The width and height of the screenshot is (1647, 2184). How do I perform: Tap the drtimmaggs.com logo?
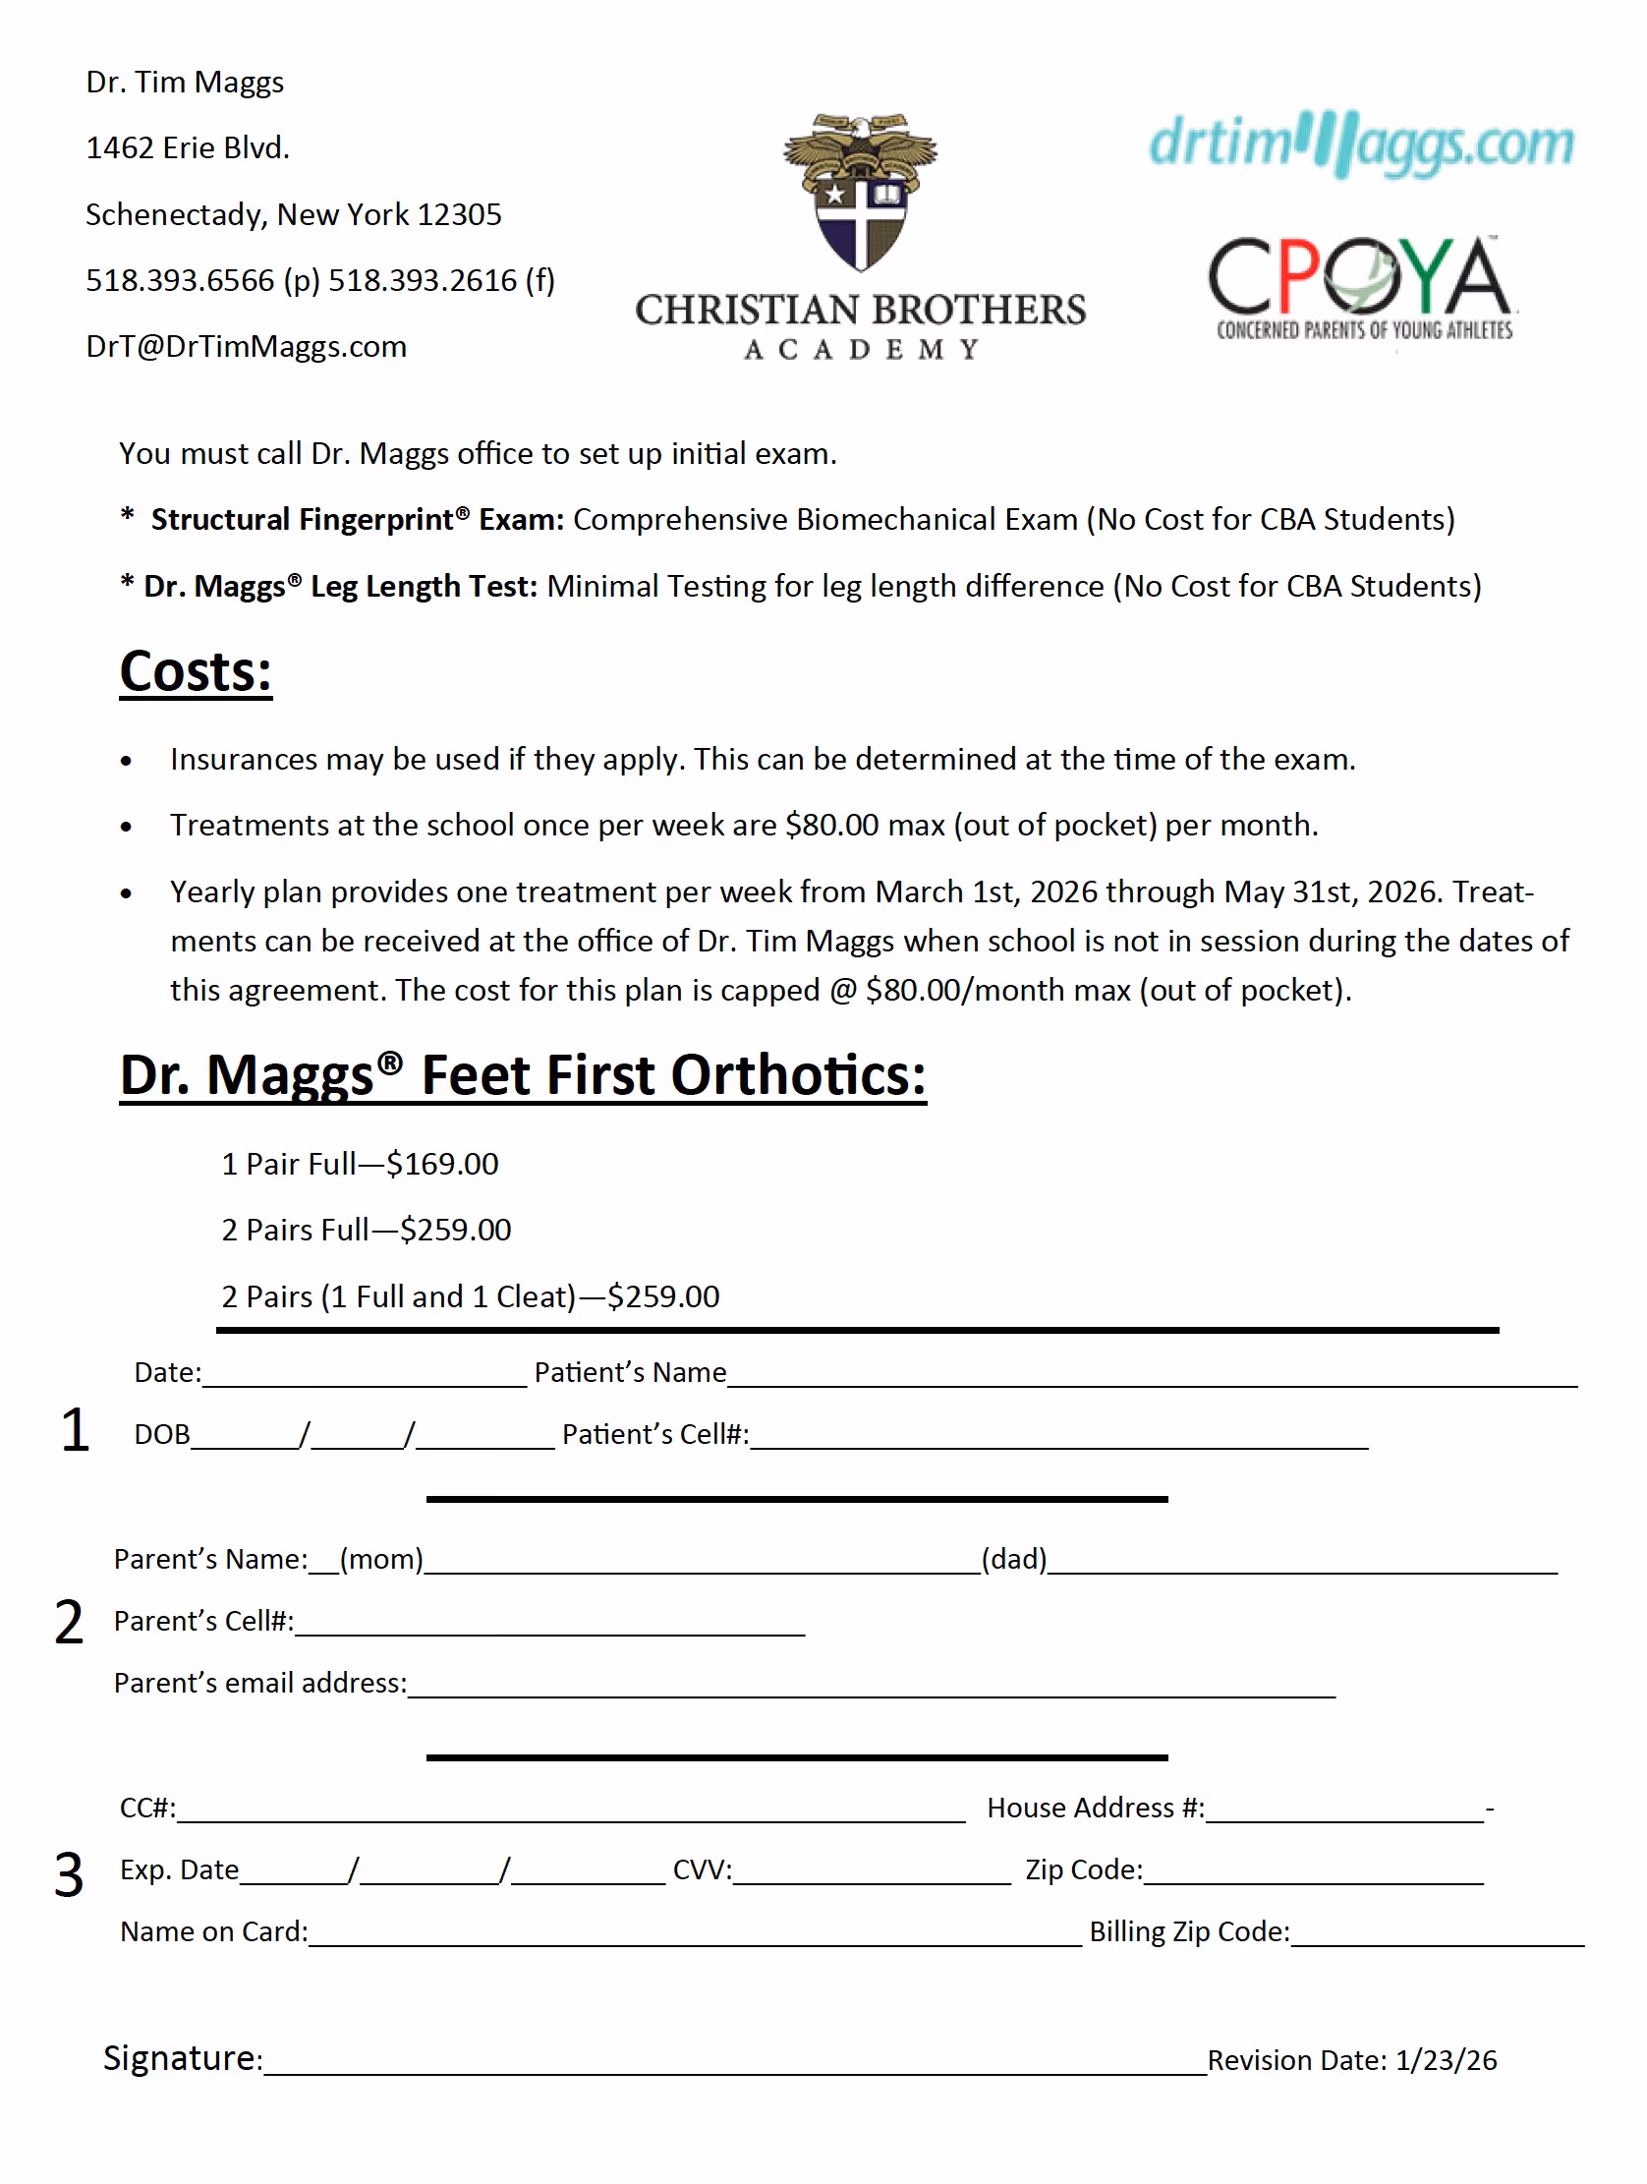[x=1361, y=144]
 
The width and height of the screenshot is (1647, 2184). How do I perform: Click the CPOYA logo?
[x=1361, y=286]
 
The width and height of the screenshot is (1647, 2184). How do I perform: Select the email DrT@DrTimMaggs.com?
[x=246, y=347]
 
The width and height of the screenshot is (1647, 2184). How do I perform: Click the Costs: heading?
[x=196, y=672]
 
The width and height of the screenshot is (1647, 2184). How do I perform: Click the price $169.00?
[x=442, y=1164]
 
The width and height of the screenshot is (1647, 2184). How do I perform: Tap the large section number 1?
[x=74, y=1430]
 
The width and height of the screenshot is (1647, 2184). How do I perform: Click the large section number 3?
[x=68, y=1874]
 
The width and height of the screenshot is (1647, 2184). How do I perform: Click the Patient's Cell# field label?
[x=654, y=1435]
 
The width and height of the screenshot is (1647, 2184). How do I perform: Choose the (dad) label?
[x=1013, y=1559]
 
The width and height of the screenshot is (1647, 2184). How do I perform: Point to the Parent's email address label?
[x=259, y=1684]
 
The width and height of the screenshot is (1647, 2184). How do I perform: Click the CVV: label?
[x=702, y=1870]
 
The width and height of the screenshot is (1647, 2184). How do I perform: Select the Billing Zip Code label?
[x=1189, y=1932]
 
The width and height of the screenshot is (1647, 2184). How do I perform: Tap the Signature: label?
[x=183, y=2058]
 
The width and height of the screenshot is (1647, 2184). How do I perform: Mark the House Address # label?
[x=1095, y=1808]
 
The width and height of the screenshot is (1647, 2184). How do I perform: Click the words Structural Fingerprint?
[x=302, y=519]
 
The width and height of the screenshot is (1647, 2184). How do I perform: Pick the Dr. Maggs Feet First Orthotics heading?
[x=523, y=1075]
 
